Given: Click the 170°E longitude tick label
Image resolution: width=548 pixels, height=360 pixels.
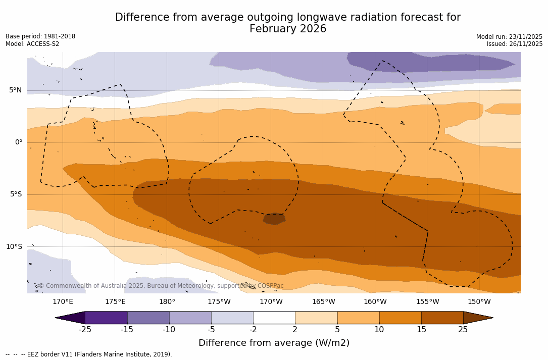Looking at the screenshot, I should coord(63,302).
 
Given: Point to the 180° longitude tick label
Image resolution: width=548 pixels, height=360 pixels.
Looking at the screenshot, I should coord(167,302).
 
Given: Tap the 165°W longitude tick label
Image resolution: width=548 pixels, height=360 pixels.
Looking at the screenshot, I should coord(323,302).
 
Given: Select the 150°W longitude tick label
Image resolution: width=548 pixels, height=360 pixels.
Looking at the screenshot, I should coord(479,302).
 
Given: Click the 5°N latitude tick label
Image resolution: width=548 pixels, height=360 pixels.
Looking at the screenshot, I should coord(15,90).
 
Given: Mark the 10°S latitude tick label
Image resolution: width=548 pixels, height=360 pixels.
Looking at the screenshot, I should coord(14,247).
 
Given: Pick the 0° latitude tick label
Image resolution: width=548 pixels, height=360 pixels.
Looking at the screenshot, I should coord(18,142).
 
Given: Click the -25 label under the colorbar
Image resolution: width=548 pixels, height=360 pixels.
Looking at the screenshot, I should coord(85,330).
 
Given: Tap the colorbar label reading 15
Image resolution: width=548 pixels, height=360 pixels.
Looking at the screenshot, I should coord(421,330).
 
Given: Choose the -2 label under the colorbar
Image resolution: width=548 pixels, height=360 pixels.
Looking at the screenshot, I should coord(253,330).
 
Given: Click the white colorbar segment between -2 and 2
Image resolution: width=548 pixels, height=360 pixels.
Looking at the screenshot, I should coord(274,318).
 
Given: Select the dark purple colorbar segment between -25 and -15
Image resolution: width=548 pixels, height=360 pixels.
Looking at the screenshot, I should coord(106,318).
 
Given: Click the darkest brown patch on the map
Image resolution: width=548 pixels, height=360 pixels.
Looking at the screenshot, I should coord(274,219).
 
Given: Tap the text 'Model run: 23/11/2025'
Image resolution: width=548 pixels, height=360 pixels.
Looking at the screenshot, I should coord(509,37).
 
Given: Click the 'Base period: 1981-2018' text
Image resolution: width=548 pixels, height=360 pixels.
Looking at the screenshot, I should coord(40,36).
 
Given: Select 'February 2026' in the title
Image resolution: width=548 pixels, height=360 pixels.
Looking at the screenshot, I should coord(288,29).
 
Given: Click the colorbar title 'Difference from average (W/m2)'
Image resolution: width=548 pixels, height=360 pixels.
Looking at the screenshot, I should coord(274,343).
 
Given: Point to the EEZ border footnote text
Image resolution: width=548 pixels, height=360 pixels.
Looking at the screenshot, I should coord(89,354).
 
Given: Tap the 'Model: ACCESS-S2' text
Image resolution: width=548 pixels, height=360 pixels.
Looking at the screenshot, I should coord(32,44).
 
